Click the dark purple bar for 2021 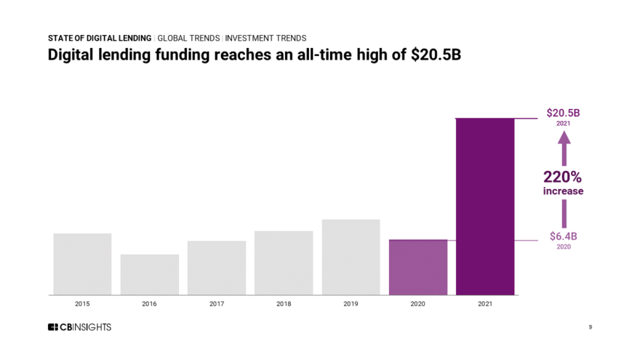point(484,207)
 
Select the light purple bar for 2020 point(417,267)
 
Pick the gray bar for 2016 point(149,274)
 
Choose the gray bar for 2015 point(82,264)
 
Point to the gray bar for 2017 point(216,268)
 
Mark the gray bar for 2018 point(284,263)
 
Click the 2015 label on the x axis point(82,304)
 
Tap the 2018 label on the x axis point(284,304)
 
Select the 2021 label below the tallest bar point(484,304)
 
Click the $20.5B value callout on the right point(563,113)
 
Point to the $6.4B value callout point(563,236)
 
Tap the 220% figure point(563,177)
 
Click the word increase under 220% point(563,191)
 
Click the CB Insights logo point(79,327)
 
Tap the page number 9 point(590,327)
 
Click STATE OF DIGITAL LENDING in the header point(100,38)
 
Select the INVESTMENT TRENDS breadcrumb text point(266,38)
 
